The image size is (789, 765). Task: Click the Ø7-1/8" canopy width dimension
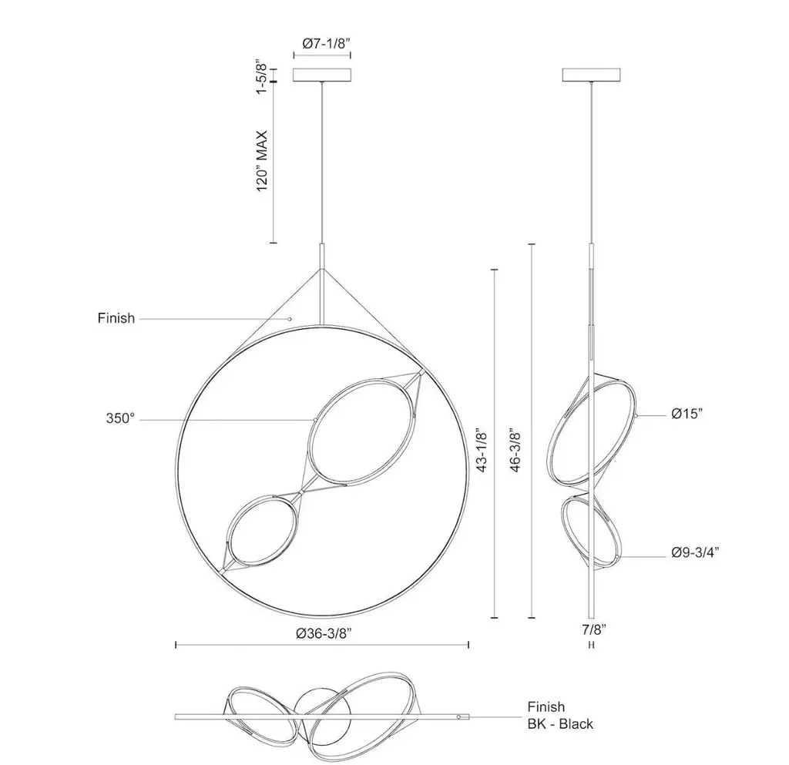tap(326, 44)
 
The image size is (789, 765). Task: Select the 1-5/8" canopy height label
tap(260, 77)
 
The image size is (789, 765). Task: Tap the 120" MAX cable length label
tap(262, 161)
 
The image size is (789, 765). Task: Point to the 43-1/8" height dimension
tap(482, 450)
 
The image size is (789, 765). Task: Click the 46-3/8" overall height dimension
tap(515, 450)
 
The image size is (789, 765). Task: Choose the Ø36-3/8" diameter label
tap(323, 633)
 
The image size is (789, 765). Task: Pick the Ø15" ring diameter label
tap(687, 414)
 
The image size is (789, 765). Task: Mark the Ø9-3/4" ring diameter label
tap(695, 552)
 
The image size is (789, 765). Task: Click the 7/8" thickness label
tap(594, 629)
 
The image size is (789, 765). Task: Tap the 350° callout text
tap(120, 418)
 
